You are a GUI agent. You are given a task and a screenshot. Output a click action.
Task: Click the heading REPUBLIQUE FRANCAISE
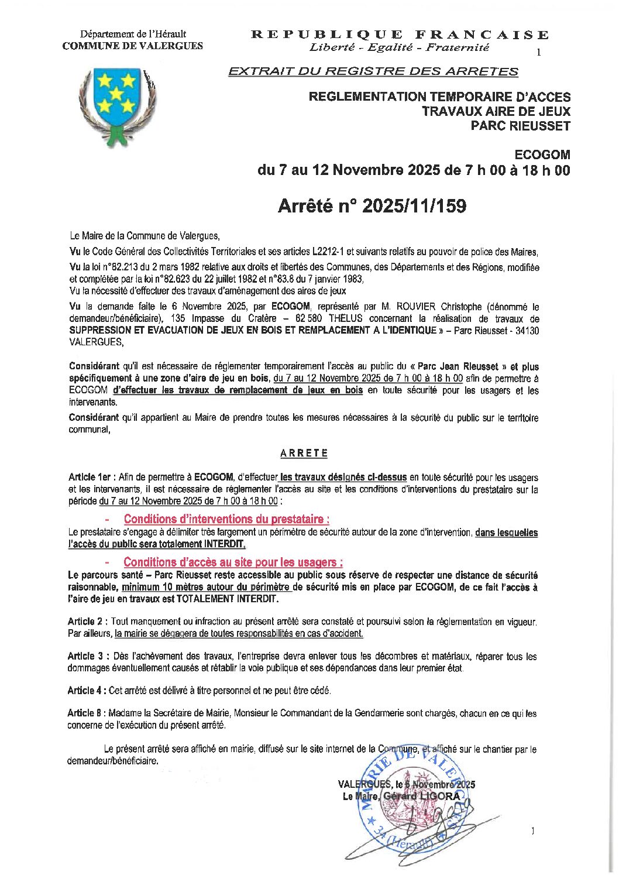[x=400, y=35]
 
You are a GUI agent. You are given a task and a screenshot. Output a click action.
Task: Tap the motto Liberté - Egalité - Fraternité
[x=400, y=48]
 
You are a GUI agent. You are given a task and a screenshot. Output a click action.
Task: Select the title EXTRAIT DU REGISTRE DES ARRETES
[x=373, y=71]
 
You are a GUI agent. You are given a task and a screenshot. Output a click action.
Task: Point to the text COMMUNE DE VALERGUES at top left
[x=133, y=46]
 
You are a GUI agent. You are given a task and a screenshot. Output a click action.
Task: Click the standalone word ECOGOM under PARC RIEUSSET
[x=542, y=155]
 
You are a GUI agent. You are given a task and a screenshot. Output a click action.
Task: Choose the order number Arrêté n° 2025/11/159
[x=372, y=206]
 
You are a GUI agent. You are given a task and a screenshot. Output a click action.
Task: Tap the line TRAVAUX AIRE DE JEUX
[x=496, y=111]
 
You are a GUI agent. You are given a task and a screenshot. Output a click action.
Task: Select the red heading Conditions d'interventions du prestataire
[x=226, y=519]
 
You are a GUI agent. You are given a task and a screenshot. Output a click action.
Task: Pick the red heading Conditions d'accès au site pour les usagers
[x=233, y=562]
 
